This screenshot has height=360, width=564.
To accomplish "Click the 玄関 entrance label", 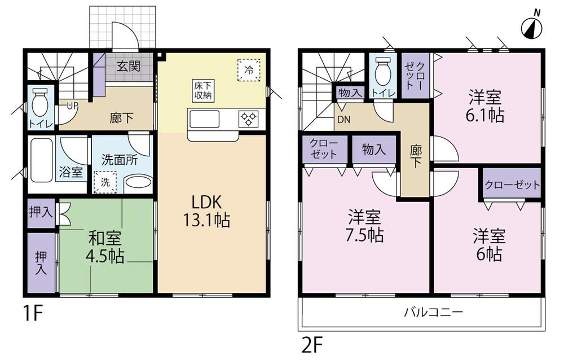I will point(128,67).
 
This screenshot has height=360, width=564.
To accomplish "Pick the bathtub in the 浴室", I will point(41,161).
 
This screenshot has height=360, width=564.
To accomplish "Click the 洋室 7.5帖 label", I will point(364,226).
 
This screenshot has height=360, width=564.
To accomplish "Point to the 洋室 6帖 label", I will point(488,245).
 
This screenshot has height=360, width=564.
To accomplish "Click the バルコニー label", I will point(433,311).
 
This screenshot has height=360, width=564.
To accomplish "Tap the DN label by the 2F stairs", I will point(343,119).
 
